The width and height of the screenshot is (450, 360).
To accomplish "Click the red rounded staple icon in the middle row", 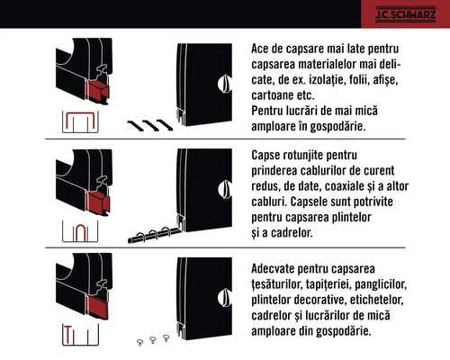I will [x=79, y=232].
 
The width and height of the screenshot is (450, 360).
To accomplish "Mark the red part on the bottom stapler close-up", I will [x=90, y=310].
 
